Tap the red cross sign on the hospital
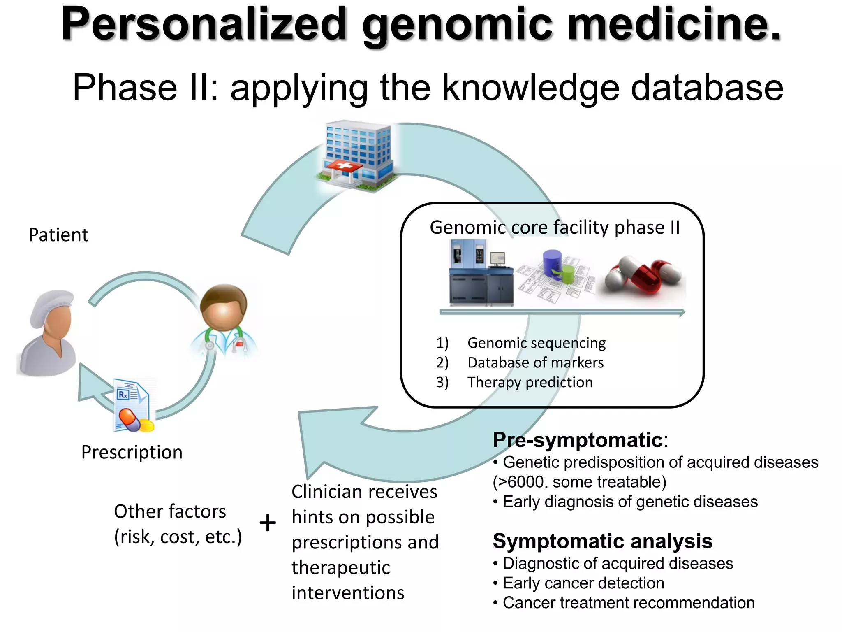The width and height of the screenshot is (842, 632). [x=344, y=166]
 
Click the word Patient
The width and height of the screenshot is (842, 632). [x=58, y=235]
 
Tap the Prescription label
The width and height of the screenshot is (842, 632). [x=132, y=452]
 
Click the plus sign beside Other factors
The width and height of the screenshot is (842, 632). [x=268, y=523]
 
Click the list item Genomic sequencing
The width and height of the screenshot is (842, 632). [x=536, y=343]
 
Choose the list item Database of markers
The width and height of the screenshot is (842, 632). [x=535, y=363]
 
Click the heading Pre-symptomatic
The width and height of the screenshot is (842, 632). [x=578, y=440]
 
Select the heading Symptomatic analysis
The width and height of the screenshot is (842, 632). [x=602, y=541]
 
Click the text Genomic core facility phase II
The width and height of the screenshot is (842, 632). [x=555, y=228]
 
